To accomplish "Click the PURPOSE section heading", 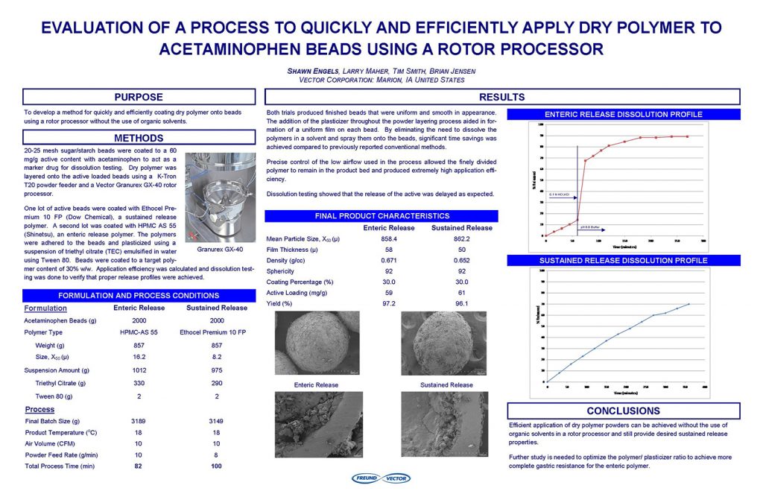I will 138,97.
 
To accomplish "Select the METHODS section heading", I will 138,138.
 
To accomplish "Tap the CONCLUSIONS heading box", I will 623,411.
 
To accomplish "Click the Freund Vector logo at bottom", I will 380,478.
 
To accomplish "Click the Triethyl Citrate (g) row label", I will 61,383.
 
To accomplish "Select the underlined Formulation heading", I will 45,308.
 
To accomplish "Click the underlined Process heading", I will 39,410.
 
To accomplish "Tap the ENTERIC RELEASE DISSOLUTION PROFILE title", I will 623,114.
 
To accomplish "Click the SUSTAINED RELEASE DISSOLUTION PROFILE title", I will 623,261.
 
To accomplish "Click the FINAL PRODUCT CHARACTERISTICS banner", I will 381,216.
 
